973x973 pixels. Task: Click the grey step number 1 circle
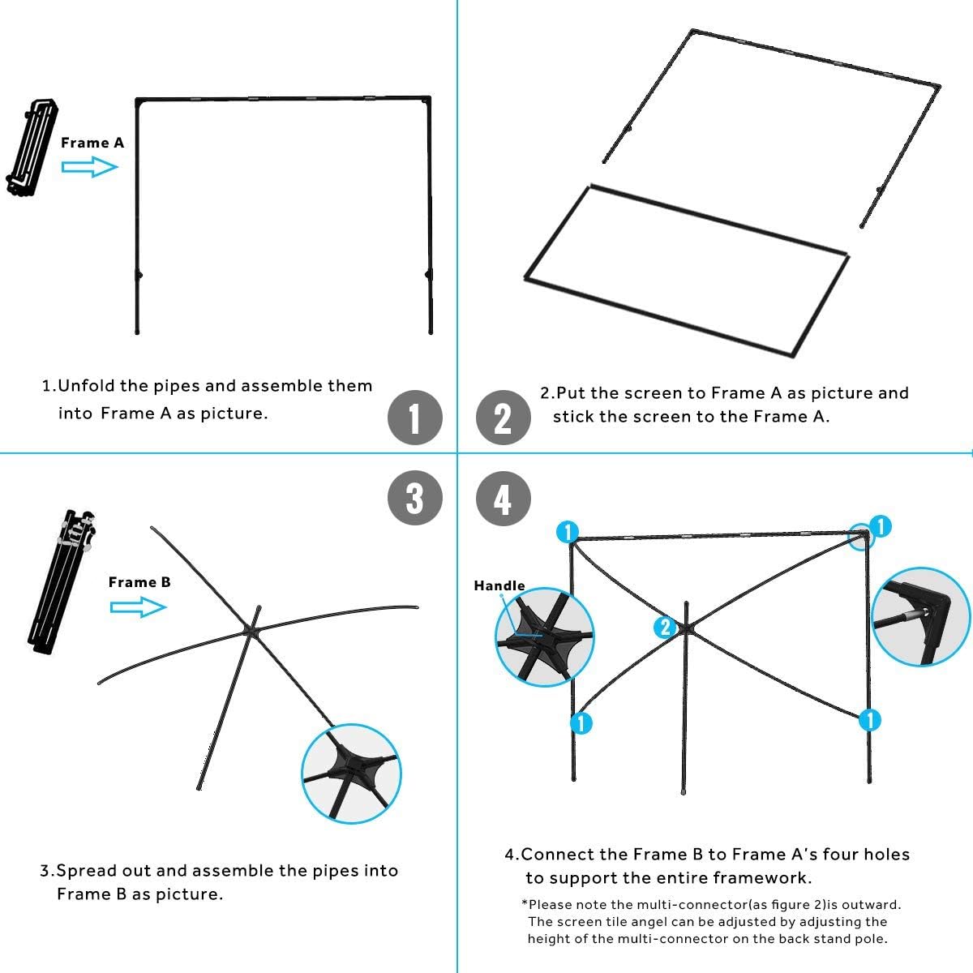pos(414,418)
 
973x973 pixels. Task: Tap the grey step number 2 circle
pos(503,418)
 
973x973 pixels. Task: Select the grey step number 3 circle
pos(414,497)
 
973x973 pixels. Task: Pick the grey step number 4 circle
pos(503,497)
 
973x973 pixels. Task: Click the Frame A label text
pos(92,143)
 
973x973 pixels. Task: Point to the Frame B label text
pos(139,582)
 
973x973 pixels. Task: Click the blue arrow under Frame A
pos(90,167)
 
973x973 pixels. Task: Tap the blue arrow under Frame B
pos(138,607)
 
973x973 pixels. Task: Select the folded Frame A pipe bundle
pos(33,147)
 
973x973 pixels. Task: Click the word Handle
pos(499,585)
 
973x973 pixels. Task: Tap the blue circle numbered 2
pos(666,627)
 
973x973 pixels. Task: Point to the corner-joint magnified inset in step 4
pos(919,617)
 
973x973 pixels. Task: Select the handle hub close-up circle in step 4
pos(544,637)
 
